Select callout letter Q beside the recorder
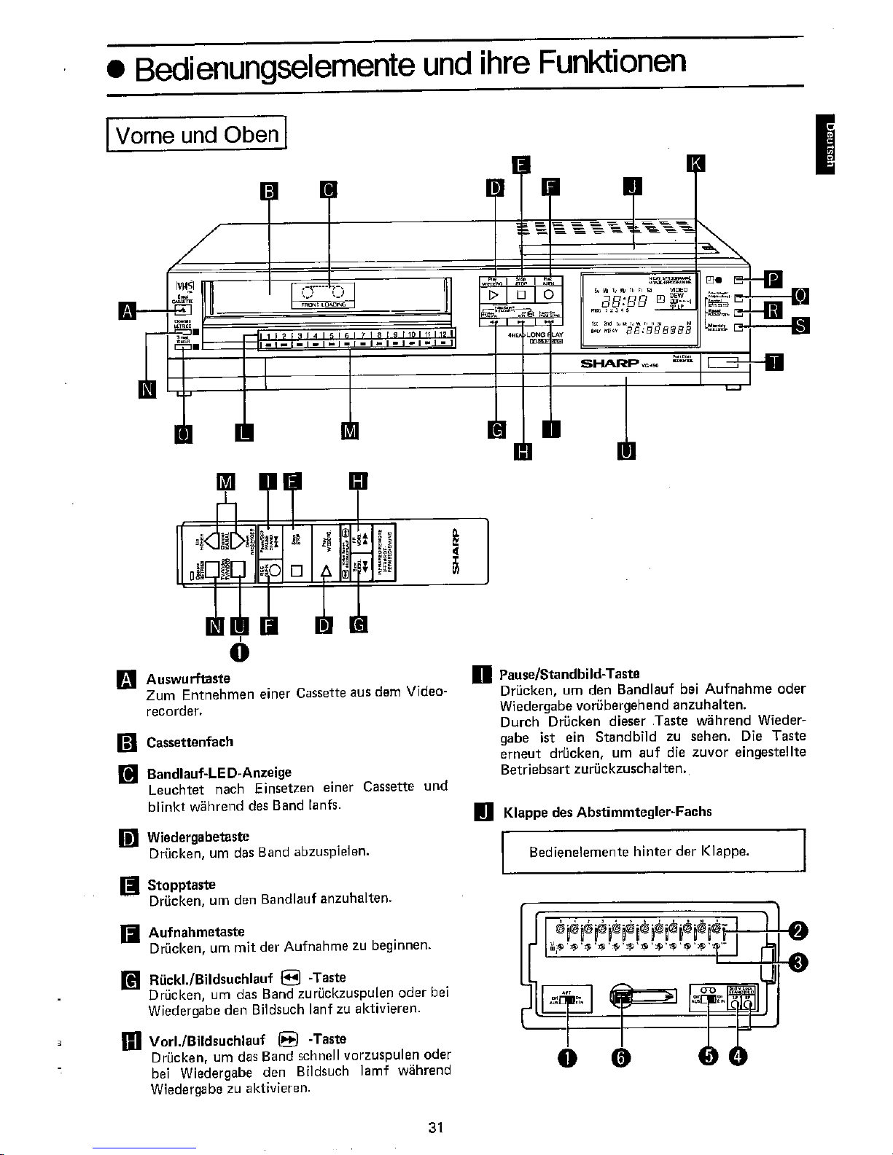tap(800, 296)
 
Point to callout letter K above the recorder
tap(696, 164)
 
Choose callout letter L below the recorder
tap(244, 432)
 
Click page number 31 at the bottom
tap(437, 1127)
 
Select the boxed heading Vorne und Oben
tap(198, 135)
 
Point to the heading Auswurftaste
tap(189, 679)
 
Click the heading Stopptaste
tap(182, 885)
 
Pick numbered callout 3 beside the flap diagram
tap(798, 963)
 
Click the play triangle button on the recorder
tap(494, 294)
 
